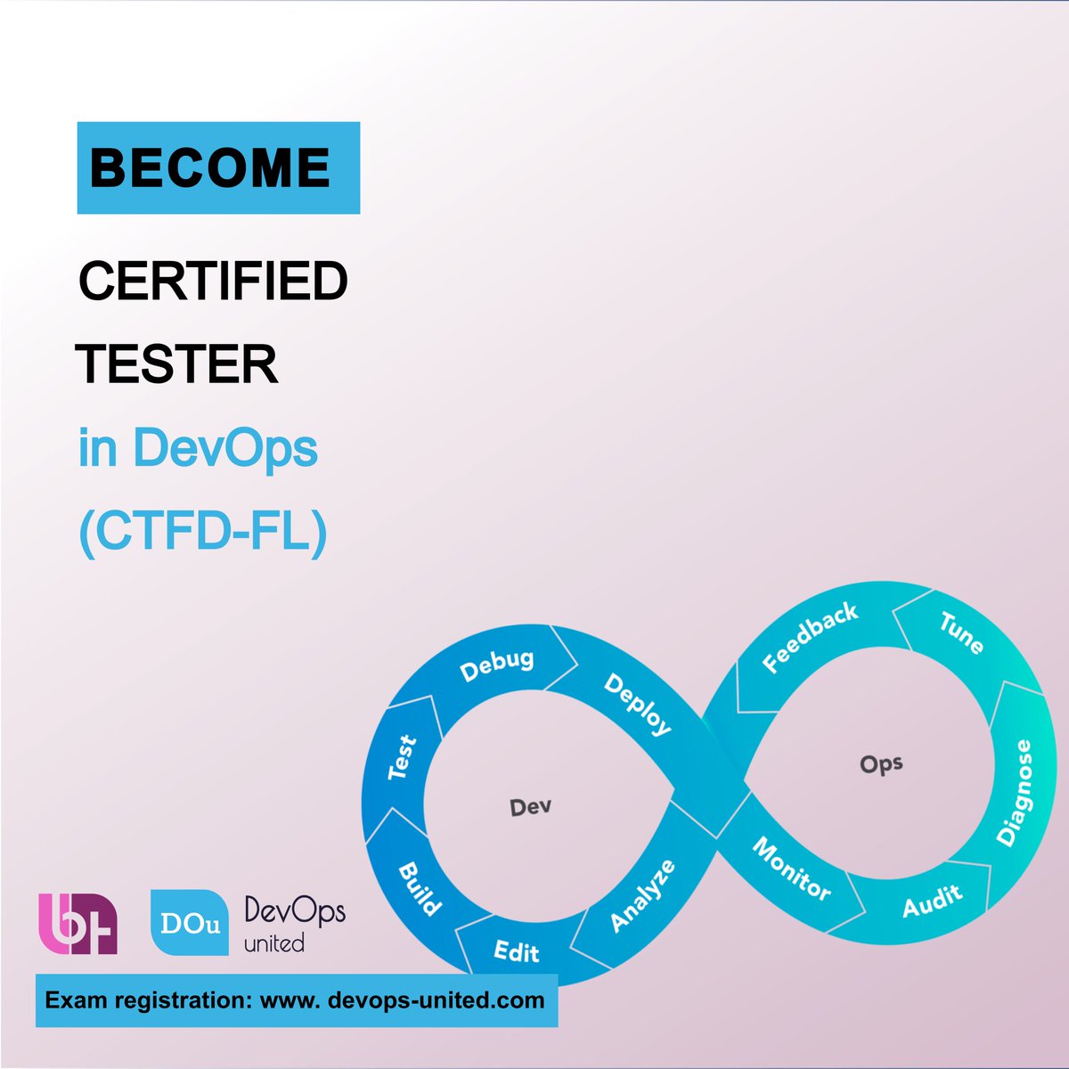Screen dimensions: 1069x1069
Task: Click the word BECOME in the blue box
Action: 210,167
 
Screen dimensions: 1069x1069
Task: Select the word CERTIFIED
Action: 213,282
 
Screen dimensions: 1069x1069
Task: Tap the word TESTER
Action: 177,364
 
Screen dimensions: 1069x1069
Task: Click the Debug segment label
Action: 497,665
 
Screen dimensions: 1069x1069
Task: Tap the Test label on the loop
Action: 403,757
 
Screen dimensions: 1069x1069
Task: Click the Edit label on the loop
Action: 517,951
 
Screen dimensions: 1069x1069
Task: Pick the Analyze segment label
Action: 642,896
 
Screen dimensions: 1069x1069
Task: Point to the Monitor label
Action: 791,869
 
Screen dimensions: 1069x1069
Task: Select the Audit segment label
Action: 932,901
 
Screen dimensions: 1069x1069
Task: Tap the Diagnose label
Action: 1015,793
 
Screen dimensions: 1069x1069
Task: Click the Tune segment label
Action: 961,632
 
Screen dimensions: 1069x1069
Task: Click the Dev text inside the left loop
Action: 530,807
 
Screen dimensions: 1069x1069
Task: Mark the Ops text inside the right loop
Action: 881,764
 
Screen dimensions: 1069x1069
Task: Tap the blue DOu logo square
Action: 188,922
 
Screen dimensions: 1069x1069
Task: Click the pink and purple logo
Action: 78,924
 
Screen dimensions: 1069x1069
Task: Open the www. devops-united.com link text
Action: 402,1000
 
